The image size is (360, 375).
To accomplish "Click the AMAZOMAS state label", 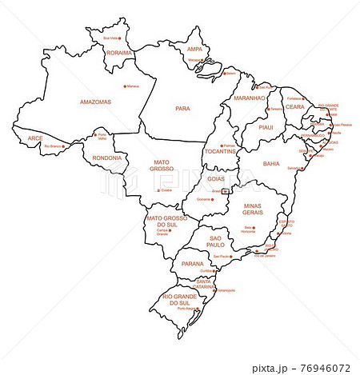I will [x=95, y=102].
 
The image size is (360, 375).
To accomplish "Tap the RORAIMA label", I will [x=118, y=53].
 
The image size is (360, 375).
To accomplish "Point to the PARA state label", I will [x=182, y=107].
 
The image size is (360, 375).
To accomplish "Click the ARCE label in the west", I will [x=35, y=138].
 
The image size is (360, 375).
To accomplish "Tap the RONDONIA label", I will [x=106, y=158].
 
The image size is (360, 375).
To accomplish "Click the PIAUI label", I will [x=266, y=127].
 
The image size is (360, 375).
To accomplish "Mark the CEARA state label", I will [x=295, y=106].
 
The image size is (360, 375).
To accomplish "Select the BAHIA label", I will [x=271, y=163].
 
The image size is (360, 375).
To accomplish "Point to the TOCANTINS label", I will [x=219, y=151].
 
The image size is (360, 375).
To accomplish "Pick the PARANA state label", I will [x=192, y=263].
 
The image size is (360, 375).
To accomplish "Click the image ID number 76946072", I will [x=322, y=369].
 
